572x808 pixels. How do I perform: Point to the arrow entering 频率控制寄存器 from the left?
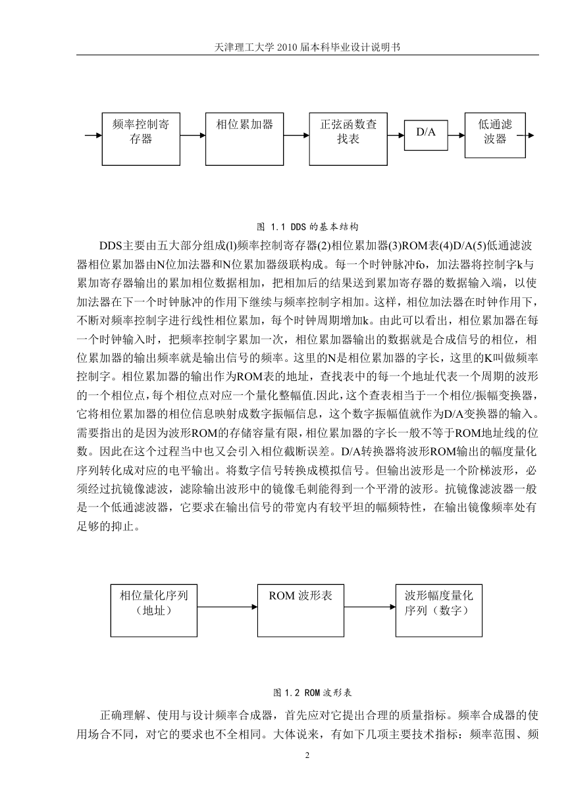(x=93, y=136)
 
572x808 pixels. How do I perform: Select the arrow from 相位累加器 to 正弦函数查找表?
(x=297, y=136)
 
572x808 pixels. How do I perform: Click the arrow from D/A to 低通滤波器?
(x=456, y=136)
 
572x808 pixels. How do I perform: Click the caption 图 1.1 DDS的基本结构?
(x=307, y=227)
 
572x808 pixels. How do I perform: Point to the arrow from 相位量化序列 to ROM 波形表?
(x=227, y=607)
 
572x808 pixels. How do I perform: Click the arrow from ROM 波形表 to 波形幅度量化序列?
(x=370, y=607)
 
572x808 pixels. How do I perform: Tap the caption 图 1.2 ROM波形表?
(x=313, y=693)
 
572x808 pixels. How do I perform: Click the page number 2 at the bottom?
(x=307, y=755)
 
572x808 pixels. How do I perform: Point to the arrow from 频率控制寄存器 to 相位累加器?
(x=193, y=136)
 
